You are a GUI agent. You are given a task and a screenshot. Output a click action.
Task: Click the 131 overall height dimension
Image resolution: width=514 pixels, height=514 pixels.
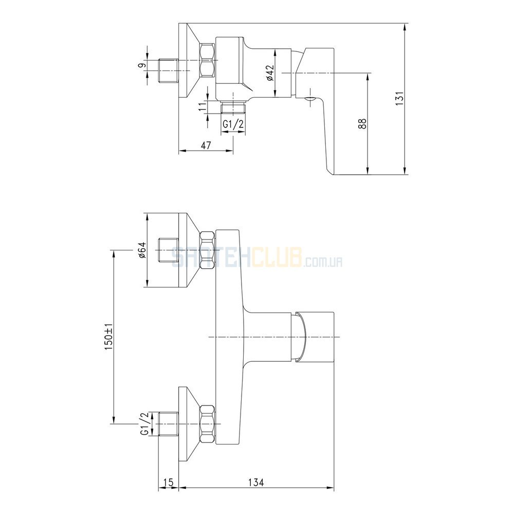coord(399,98)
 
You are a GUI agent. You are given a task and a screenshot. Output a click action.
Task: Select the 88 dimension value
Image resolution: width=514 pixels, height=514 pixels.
coord(362,123)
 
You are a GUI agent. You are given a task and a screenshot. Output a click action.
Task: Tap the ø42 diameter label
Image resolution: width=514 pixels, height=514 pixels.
coord(270,73)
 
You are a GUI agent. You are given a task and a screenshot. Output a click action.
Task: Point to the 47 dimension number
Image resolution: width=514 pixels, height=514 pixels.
coord(206,145)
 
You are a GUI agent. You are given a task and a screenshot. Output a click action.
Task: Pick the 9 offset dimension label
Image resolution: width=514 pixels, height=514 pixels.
coord(142,66)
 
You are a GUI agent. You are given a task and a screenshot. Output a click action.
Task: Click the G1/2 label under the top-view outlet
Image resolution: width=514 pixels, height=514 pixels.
coord(233,124)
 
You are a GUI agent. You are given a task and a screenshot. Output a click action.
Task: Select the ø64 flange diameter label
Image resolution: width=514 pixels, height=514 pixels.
coord(142,250)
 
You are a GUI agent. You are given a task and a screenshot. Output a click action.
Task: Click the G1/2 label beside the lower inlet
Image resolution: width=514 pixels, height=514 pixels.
coord(144,424)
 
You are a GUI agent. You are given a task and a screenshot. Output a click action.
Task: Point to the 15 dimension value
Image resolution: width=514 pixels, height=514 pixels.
coord(168,482)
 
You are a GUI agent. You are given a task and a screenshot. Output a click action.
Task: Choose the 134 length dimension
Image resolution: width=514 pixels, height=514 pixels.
coord(255,482)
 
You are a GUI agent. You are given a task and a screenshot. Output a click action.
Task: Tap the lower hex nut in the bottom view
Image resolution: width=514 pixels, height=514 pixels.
coord(208,424)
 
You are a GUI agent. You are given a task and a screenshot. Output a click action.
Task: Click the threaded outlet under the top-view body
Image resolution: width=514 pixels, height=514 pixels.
coord(233,107)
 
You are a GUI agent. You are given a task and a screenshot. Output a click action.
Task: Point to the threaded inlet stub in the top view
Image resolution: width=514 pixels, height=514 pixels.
coord(168,71)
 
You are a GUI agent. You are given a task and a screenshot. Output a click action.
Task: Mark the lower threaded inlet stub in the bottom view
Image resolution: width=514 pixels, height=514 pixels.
coord(168,424)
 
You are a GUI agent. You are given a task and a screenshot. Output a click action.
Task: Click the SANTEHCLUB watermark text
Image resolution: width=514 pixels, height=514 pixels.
coord(236,258)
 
